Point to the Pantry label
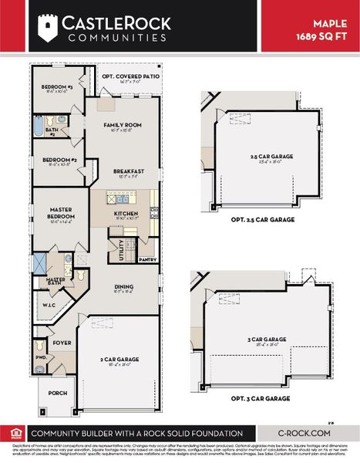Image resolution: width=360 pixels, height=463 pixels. tap(147, 260)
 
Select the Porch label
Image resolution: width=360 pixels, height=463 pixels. tap(58, 392)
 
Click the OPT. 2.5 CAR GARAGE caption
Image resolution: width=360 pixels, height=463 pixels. tap(263, 220)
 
